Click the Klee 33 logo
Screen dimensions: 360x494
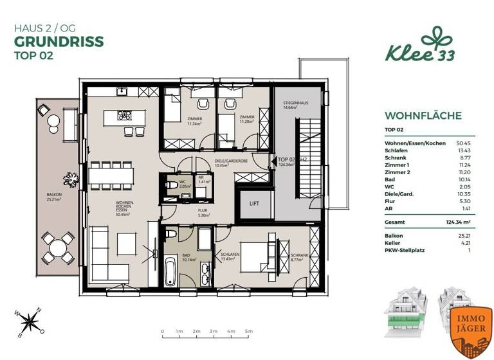(421, 47)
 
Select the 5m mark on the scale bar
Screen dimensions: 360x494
(247, 332)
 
